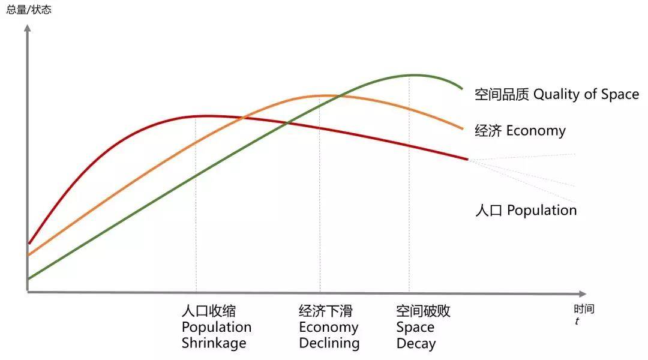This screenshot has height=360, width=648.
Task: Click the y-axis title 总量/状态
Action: point(29,10)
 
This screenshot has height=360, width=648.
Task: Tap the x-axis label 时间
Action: point(583,310)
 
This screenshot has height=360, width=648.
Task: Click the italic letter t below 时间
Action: point(577,321)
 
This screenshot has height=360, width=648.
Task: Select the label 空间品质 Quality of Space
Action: point(556,94)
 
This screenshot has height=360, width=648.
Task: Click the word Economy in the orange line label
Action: point(536,130)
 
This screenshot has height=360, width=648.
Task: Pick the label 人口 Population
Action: point(526,210)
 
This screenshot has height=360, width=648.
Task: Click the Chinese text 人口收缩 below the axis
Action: point(208,311)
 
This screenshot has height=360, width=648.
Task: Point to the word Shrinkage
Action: point(214,343)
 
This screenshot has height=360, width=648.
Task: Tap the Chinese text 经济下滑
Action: point(326,311)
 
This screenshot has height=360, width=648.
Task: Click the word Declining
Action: point(329,343)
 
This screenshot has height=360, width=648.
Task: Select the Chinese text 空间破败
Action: point(423,311)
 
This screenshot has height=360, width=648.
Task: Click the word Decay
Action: point(416,343)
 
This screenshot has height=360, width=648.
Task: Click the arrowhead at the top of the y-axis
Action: point(27,28)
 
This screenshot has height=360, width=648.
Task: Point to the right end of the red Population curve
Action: point(467,159)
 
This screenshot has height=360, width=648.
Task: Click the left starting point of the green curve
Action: point(29,278)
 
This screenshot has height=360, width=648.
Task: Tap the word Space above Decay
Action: point(415,327)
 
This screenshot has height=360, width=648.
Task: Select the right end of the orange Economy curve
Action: point(463,128)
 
